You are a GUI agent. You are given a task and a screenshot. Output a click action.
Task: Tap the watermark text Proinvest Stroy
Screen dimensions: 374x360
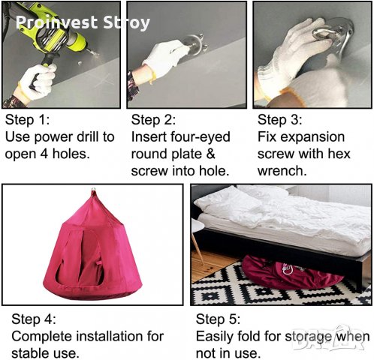pos(83,22)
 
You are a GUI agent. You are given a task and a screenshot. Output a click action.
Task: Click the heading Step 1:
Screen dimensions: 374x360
pos(27,120)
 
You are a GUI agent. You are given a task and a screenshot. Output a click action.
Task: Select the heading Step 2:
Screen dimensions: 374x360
pos(153,120)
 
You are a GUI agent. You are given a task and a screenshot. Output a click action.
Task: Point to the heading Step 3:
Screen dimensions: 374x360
pos(279,120)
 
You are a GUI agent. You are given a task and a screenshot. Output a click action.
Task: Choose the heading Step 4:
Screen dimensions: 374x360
pos(34,319)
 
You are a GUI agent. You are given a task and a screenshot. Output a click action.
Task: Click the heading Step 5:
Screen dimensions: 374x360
pos(218,319)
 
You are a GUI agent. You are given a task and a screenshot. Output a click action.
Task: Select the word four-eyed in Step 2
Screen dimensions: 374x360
pos(201,137)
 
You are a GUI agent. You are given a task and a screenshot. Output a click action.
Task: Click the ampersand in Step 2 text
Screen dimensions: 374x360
pos(210,154)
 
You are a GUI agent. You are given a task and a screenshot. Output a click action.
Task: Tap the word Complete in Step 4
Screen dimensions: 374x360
pos(41,337)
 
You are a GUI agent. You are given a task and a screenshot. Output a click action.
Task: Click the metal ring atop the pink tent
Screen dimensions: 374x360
pos(94,190)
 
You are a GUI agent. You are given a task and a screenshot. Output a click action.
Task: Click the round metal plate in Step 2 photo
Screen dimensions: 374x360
pos(193,43)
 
